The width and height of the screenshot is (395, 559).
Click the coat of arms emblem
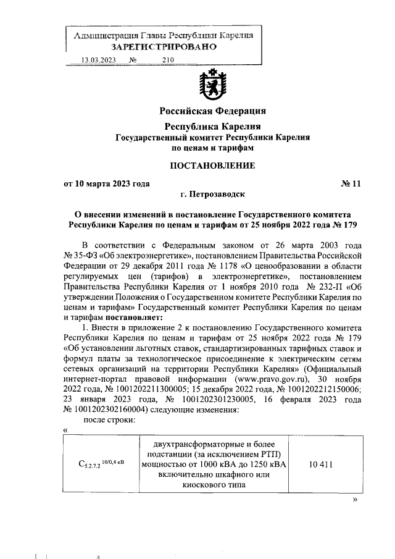212,85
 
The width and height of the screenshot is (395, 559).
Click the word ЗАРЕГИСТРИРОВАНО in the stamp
163,47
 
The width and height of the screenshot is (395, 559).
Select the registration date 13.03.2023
99,60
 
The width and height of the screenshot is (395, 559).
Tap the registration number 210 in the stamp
168,60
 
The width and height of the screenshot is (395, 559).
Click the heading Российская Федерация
212,111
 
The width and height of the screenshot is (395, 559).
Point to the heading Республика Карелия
212,126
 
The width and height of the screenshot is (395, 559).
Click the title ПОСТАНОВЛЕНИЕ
212,165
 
